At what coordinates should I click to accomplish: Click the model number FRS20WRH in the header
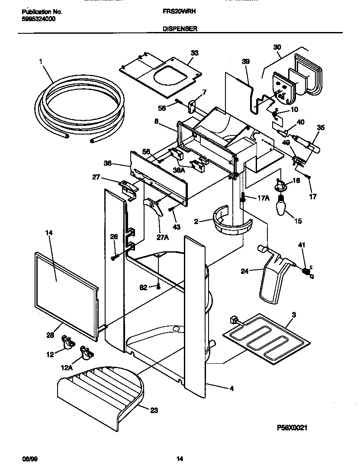[181, 12]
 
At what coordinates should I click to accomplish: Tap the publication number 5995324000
[39, 19]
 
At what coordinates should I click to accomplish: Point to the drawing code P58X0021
[292, 427]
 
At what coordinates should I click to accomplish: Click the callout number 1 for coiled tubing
[41, 62]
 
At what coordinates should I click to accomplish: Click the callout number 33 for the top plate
[195, 53]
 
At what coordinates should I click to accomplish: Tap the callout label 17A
[264, 199]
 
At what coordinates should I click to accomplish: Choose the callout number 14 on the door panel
[48, 232]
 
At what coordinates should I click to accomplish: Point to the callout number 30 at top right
[277, 47]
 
